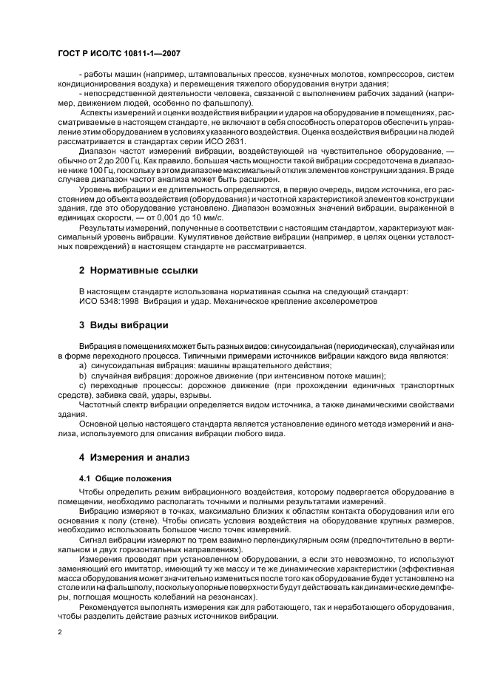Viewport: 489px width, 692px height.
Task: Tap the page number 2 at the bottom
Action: [60, 632]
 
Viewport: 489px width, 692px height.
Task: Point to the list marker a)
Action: [83, 366]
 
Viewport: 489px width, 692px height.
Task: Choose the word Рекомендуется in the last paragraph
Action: [111, 605]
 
